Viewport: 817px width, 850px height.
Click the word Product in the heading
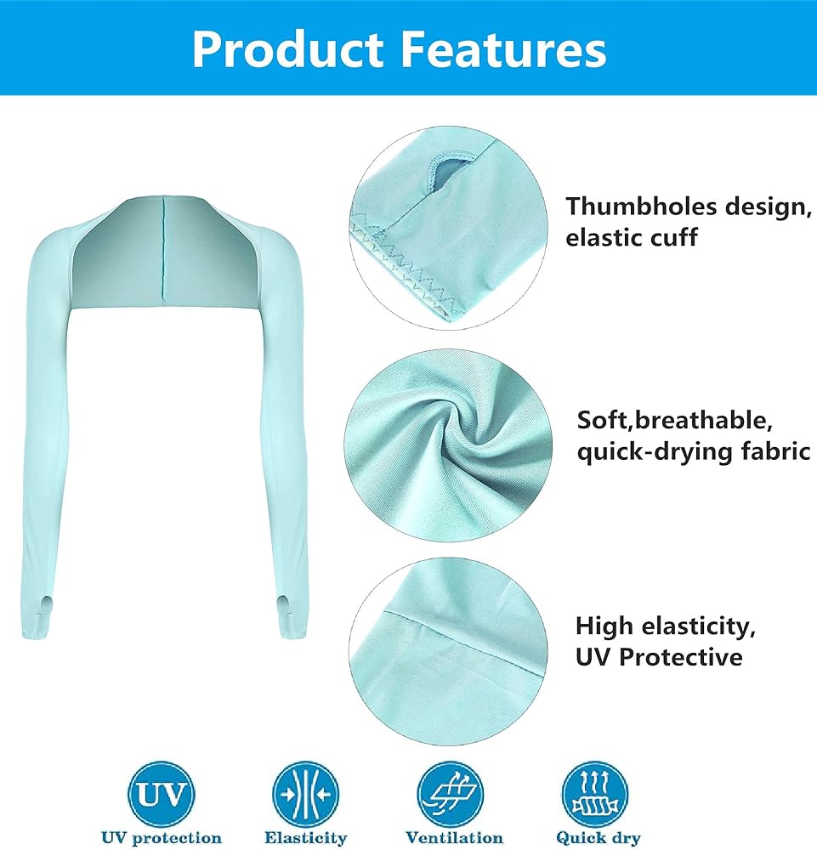click(288, 50)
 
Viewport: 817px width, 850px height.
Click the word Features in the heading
click(503, 50)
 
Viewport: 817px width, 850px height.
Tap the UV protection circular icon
click(161, 794)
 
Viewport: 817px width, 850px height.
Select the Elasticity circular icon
click(306, 794)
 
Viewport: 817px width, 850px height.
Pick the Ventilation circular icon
click(451, 794)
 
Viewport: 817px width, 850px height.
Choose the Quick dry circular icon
click(595, 794)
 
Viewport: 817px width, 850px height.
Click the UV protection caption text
click(162, 837)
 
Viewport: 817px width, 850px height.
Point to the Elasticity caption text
click(306, 838)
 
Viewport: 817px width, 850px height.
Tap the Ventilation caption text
click(454, 837)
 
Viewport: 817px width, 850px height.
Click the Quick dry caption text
click(598, 838)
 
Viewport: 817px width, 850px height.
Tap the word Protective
click(680, 657)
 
